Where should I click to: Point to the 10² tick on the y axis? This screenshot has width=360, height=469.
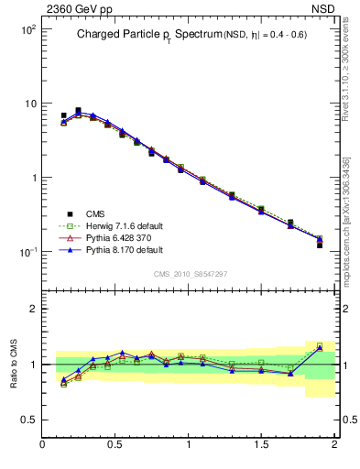pos(27,29)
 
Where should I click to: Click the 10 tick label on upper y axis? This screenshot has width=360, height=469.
pos(29,104)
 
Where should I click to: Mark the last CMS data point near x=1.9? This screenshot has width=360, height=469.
pos(320,245)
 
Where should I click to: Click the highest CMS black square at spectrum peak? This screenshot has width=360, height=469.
pos(78,111)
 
